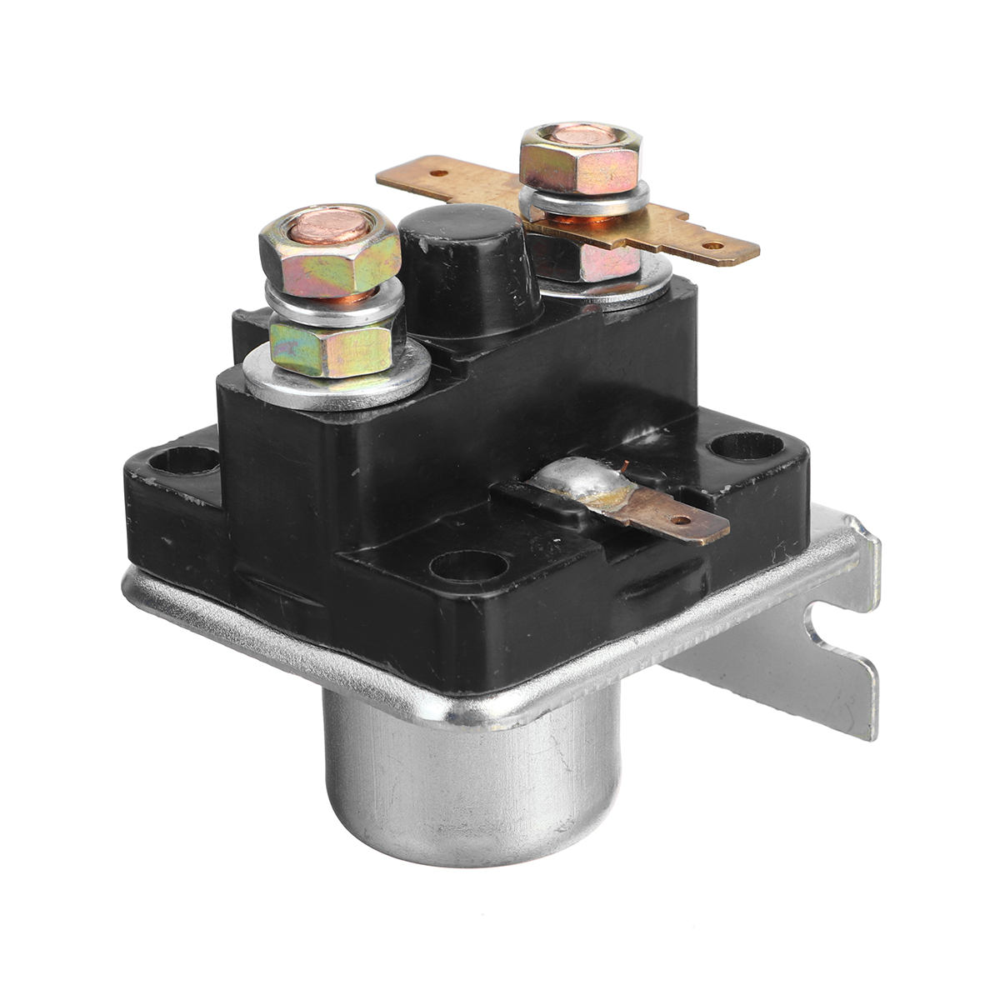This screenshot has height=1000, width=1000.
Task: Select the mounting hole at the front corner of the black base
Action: point(472,567)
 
